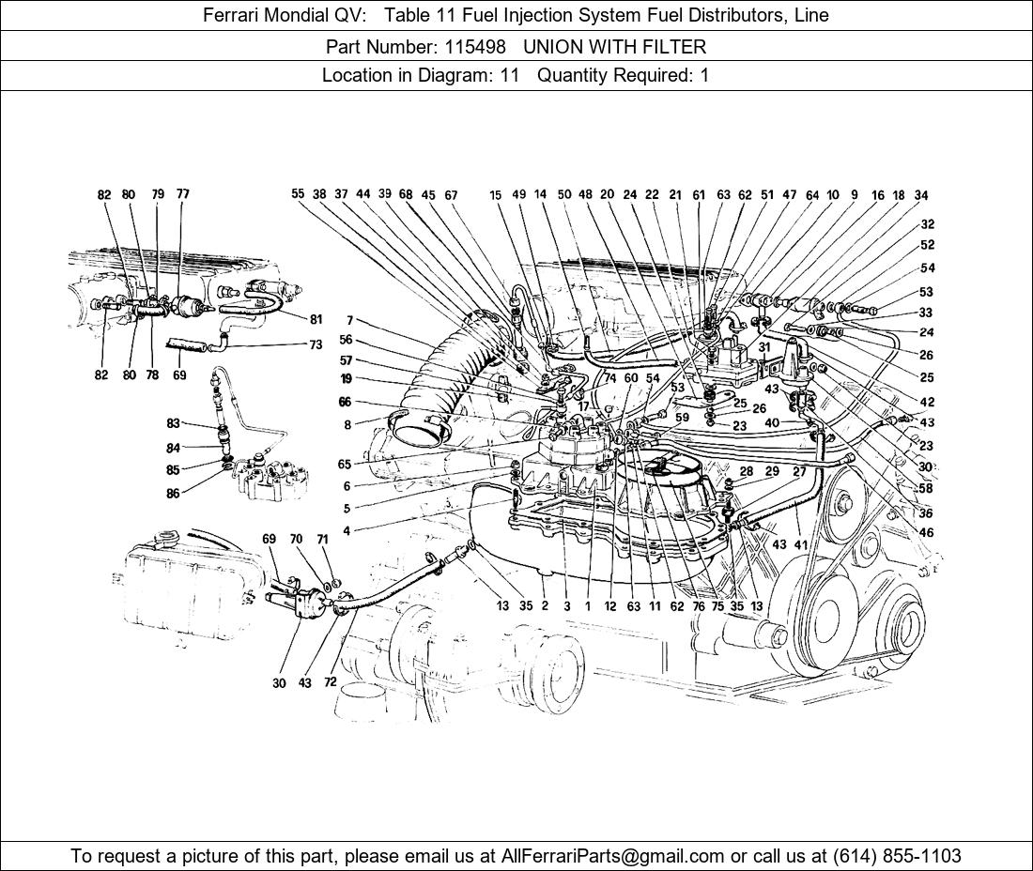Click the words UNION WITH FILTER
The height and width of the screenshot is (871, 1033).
(x=614, y=46)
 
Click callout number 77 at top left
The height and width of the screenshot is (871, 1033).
(x=182, y=194)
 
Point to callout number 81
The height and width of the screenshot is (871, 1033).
(x=316, y=320)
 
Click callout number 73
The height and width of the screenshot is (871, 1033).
(x=316, y=344)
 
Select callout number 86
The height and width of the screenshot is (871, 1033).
(x=173, y=493)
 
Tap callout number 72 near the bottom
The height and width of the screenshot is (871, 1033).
(x=330, y=682)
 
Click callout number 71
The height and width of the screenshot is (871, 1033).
(x=322, y=540)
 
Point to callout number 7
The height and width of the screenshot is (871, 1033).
(x=349, y=321)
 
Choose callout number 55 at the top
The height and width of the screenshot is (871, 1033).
(x=298, y=194)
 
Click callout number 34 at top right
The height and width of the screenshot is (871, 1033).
(x=921, y=195)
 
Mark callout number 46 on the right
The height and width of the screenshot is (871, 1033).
(x=926, y=532)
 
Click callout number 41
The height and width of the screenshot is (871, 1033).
(x=800, y=544)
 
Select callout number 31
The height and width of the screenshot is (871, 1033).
(x=764, y=347)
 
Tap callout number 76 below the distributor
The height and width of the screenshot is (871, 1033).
(x=699, y=606)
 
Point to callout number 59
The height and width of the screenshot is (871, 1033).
(x=682, y=418)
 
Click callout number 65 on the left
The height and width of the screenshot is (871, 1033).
(x=345, y=465)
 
